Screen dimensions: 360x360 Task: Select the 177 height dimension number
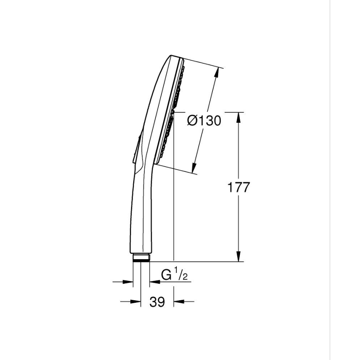tap(239, 187)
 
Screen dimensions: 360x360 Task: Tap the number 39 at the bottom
tap(157, 302)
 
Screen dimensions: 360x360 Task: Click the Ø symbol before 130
tap(192, 121)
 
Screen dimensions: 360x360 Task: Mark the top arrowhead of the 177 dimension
tap(238, 117)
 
